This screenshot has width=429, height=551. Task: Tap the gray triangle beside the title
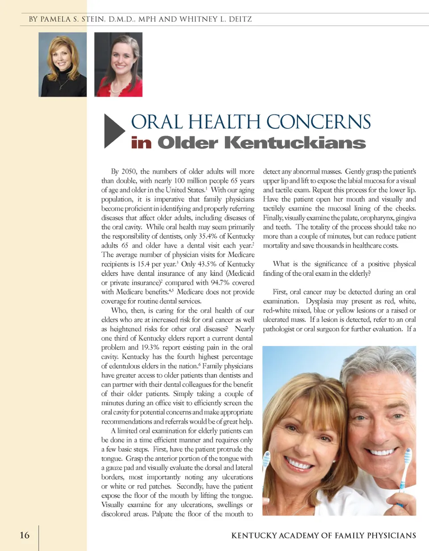pyautogui.click(x=114, y=131)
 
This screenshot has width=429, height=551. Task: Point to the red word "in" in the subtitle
pyautogui.click(x=141, y=143)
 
